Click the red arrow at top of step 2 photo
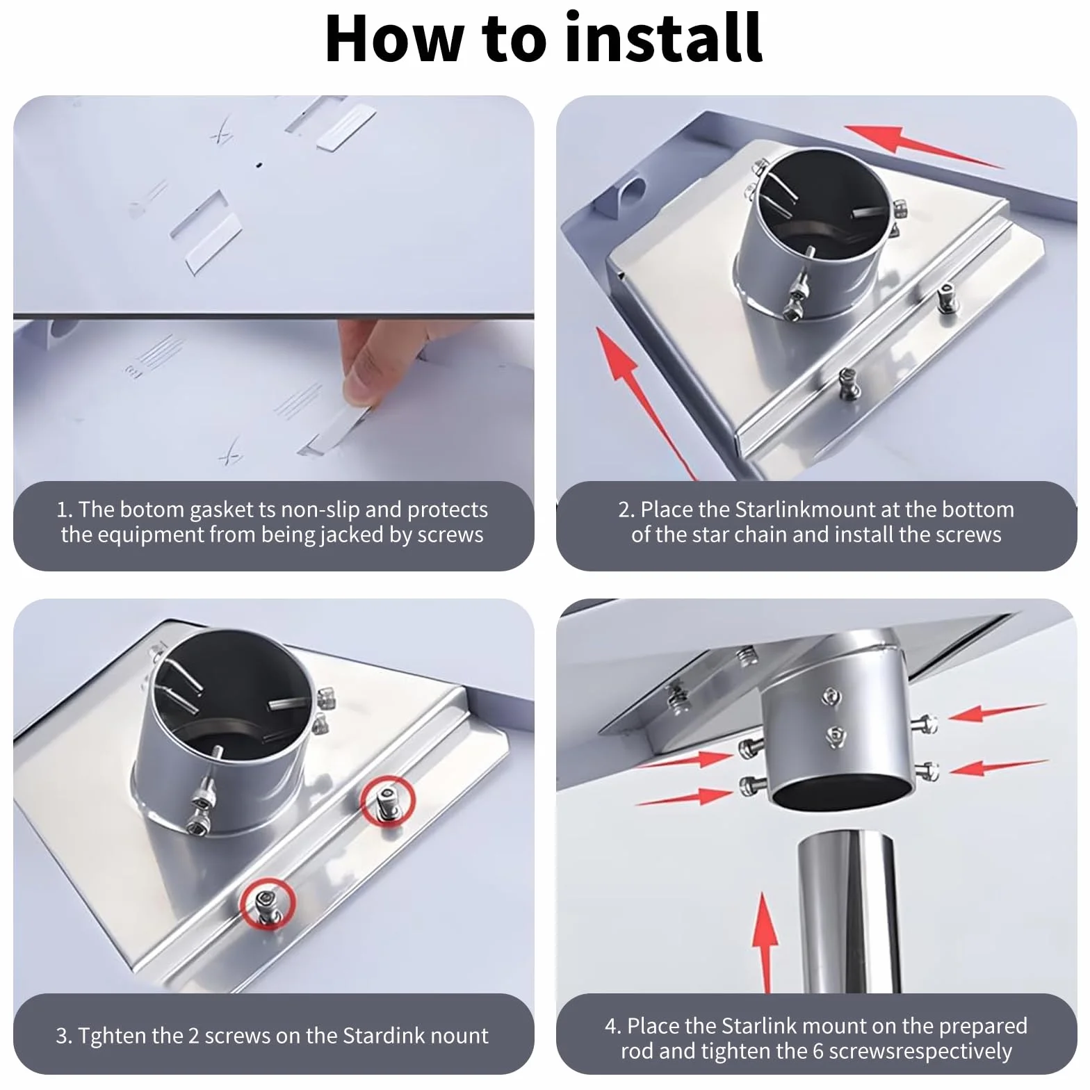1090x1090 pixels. click(x=922, y=145)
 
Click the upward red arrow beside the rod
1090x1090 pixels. click(x=765, y=943)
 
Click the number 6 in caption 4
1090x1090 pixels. click(x=818, y=1051)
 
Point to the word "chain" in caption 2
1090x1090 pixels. click(x=760, y=535)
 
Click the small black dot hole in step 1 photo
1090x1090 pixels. click(x=259, y=165)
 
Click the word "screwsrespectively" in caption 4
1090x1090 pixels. click(x=920, y=1052)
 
